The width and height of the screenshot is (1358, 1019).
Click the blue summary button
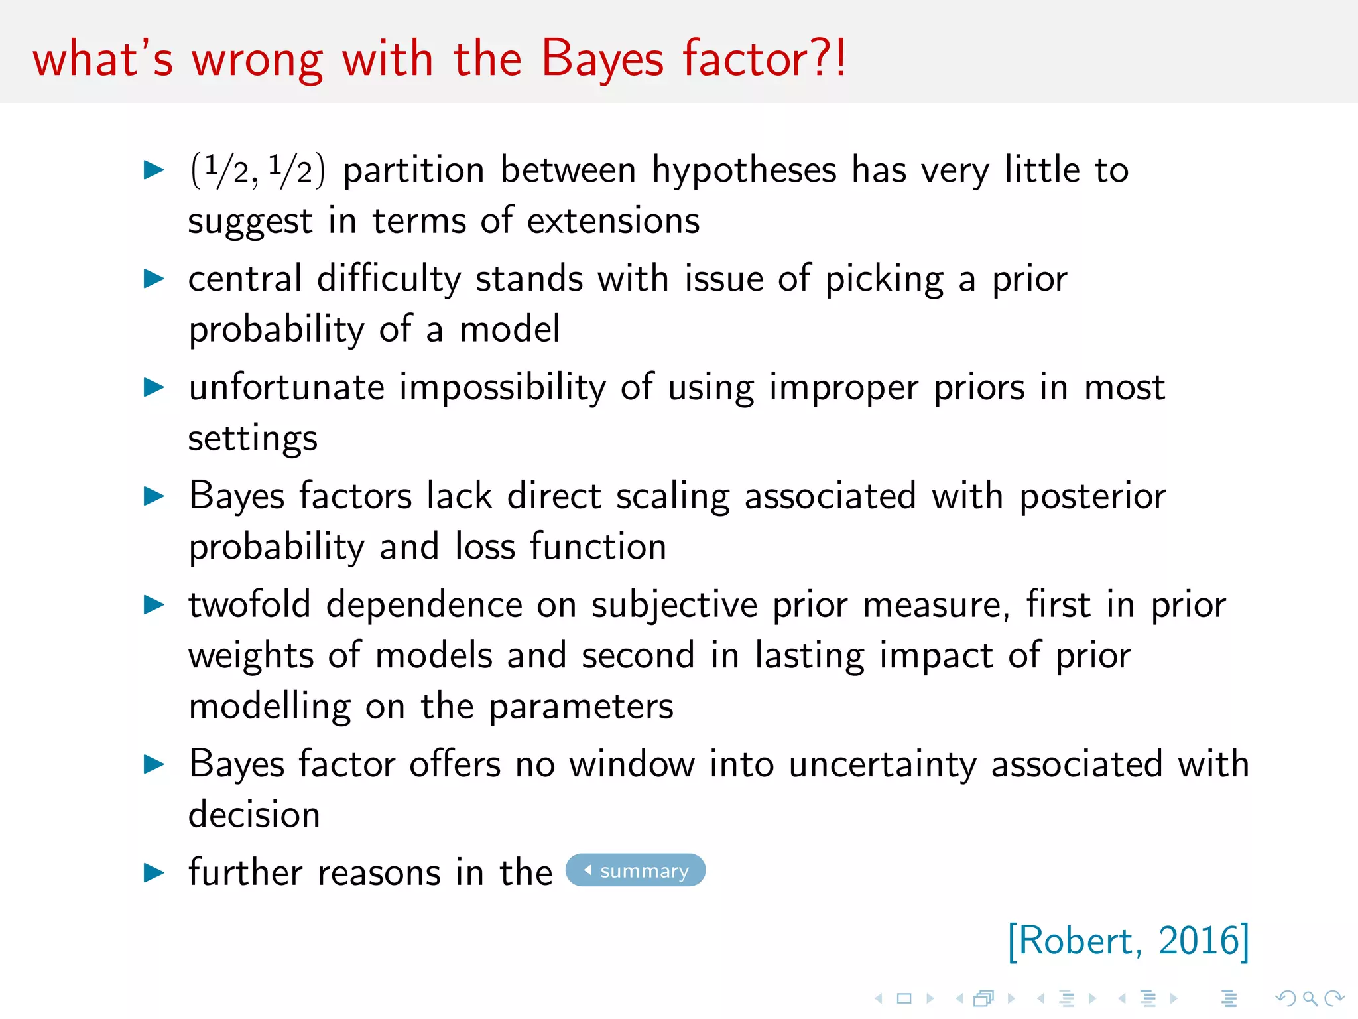635,870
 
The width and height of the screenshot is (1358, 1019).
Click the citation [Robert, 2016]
1128,941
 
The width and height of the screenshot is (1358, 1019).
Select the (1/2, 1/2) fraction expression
257,170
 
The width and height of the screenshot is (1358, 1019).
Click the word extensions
613,220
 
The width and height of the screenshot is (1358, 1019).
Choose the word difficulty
389,279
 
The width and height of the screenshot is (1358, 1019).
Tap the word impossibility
503,387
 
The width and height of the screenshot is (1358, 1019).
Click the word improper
843,389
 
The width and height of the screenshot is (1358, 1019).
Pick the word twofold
249,604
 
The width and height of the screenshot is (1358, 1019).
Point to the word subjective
674,606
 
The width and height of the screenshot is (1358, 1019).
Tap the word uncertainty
883,765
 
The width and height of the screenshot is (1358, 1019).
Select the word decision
254,815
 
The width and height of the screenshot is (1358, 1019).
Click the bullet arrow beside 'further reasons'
154,872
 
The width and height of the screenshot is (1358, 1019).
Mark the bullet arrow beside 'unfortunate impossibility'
154,387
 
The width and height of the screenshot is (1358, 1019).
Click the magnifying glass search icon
1310,998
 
